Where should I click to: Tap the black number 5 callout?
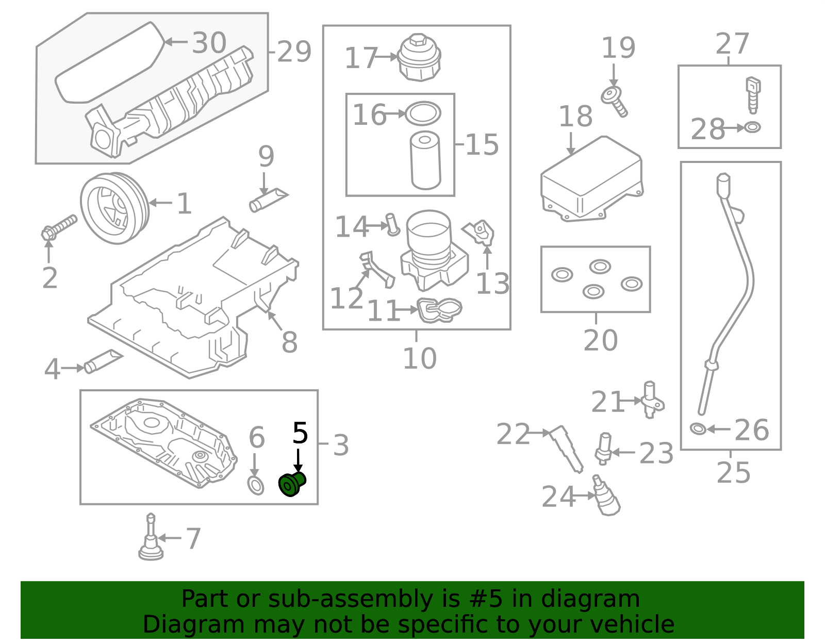(x=300, y=433)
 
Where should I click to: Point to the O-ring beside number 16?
(x=423, y=113)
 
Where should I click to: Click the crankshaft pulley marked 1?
(x=114, y=208)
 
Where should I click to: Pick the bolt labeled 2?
(x=59, y=227)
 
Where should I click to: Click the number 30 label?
(x=209, y=42)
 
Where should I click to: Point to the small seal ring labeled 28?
(x=752, y=127)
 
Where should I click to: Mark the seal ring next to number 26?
(x=698, y=429)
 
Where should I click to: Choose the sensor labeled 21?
(x=652, y=400)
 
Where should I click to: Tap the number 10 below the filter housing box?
(x=420, y=358)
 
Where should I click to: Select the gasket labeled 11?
(x=439, y=310)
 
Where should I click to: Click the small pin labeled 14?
(x=392, y=225)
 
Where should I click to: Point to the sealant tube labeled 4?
(x=103, y=361)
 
